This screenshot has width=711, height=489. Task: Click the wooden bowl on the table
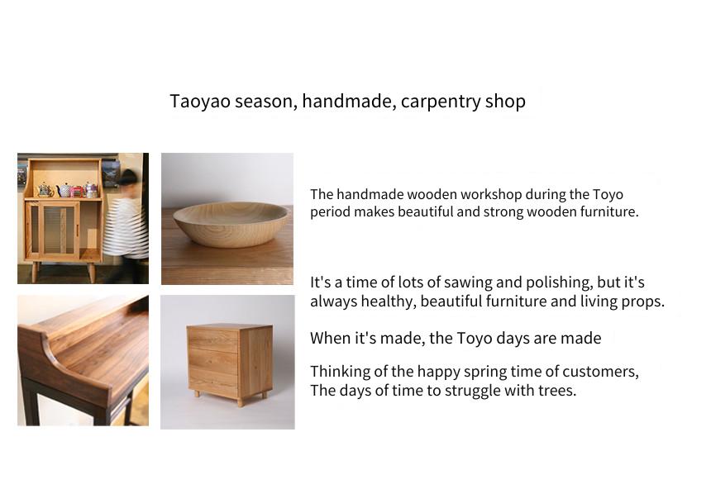coord(230,224)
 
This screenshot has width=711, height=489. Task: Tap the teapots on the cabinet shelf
coord(68,190)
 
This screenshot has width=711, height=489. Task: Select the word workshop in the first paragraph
coord(490,194)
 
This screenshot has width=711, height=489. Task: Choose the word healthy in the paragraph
coord(388,301)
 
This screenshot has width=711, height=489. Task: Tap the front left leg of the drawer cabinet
coord(241,401)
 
